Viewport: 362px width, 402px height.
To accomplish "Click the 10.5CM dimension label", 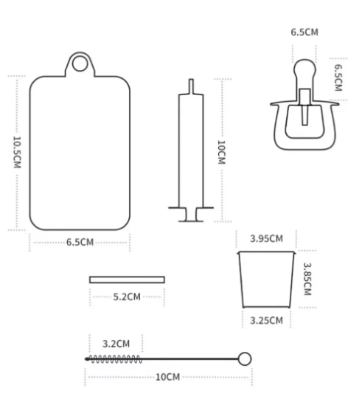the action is [17, 152].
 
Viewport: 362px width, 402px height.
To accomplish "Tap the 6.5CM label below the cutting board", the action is [80, 242].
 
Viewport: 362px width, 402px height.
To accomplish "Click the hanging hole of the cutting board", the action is [80, 63].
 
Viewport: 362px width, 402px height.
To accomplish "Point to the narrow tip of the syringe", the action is [191, 86].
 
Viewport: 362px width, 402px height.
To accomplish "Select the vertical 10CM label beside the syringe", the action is [221, 152].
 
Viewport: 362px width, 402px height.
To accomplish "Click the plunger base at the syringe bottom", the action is [191, 215].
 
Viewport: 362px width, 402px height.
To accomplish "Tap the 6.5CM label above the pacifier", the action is [304, 32].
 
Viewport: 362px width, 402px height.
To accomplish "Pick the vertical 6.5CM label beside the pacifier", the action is [338, 77].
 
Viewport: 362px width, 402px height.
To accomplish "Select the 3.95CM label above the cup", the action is [266, 239].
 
